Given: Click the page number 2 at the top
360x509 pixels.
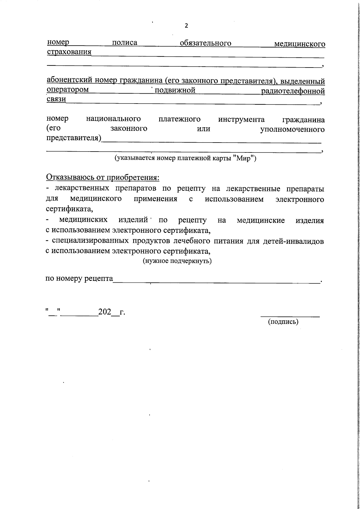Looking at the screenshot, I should pyautogui.click(x=186, y=26).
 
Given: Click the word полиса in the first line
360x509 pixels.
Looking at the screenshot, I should pyautogui.click(x=124, y=43).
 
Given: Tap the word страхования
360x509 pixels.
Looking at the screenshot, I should pyautogui.click(x=69, y=52).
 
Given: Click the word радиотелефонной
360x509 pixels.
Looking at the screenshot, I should pyautogui.click(x=293, y=91).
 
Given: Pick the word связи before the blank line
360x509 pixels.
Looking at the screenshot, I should pyautogui.click(x=56, y=99).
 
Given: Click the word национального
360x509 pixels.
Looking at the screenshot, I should pyautogui.click(x=113, y=119).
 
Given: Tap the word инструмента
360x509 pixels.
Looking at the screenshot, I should pyautogui.click(x=241, y=119).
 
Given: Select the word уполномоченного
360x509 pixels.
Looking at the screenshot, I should pyautogui.click(x=292, y=129).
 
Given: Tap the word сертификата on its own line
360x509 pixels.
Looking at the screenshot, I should pyautogui.click(x=69, y=208).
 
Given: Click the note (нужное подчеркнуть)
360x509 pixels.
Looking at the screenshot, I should pyautogui.click(x=177, y=261).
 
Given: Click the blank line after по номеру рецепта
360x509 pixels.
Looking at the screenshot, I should pyautogui.click(x=216, y=282).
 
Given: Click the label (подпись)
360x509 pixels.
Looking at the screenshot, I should pyautogui.click(x=283, y=322).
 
